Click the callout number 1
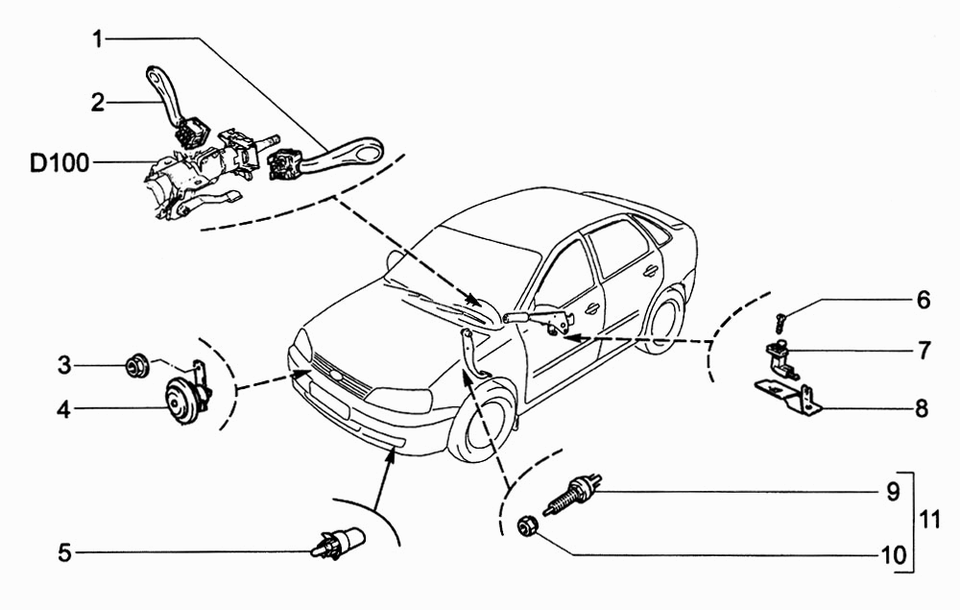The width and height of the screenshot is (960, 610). [98, 39]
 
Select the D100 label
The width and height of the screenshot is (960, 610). [60, 163]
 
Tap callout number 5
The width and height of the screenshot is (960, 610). [65, 553]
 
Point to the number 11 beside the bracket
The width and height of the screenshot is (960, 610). [929, 520]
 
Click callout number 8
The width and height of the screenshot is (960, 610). [922, 408]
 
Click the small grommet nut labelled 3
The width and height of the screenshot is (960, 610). [136, 366]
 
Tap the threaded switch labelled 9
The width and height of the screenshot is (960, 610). [572, 494]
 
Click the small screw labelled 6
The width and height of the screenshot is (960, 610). [780, 322]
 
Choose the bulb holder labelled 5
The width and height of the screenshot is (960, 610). [338, 542]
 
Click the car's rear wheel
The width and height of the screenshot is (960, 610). [663, 321]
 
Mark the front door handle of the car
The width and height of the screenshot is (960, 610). [592, 308]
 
